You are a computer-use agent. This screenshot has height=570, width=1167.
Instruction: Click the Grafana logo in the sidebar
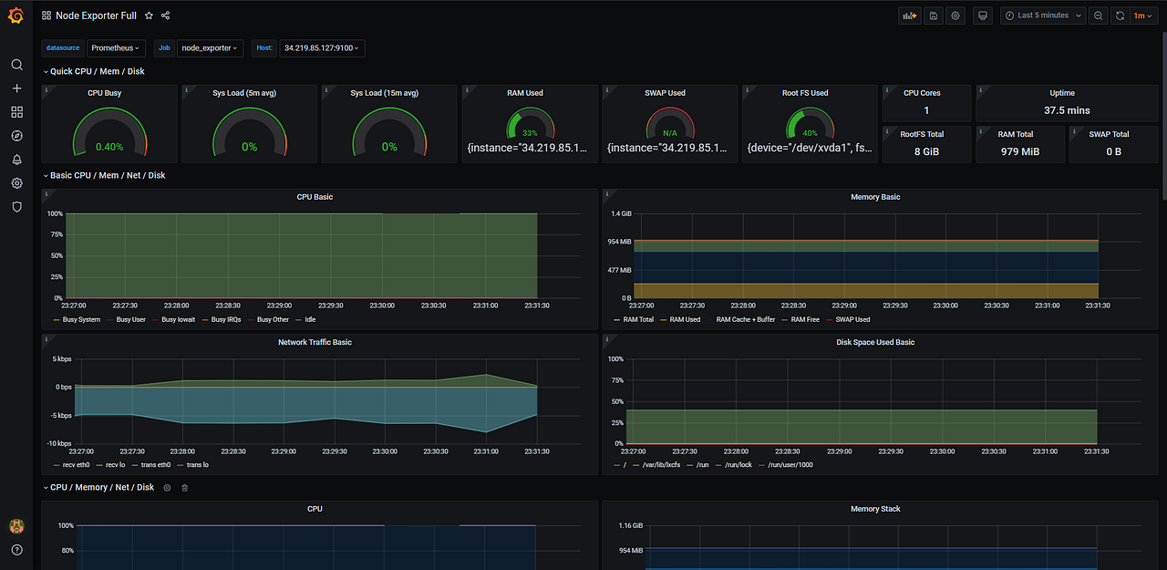pos(16,16)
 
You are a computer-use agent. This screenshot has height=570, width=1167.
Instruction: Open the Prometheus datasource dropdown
pos(115,48)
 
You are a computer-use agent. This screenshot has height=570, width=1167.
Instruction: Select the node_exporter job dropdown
pos(210,48)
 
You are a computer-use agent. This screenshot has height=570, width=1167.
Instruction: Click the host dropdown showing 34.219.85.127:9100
pos(322,48)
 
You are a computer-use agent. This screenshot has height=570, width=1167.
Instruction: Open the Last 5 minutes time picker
pos(1043,16)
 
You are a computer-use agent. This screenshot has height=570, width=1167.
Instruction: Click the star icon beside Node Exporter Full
pos(150,16)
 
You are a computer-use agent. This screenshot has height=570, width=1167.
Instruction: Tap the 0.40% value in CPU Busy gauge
pos(109,147)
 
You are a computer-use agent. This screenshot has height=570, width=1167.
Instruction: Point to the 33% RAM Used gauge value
pos(530,133)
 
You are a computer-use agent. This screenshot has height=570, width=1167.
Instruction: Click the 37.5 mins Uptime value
pos(1067,110)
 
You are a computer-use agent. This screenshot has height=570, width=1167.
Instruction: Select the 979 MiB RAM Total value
pos(1019,151)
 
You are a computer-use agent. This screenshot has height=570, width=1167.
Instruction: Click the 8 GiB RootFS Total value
pos(926,151)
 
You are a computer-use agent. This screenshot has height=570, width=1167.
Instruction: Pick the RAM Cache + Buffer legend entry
pos(745,320)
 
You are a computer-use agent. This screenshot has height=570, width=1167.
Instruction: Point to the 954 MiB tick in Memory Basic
pos(619,242)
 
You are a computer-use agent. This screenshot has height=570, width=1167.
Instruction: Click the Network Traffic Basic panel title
pos(315,342)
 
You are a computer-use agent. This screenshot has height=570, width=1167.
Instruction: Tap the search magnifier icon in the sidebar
pos(16,65)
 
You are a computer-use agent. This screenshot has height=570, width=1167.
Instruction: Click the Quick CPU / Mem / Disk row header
pos(97,71)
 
